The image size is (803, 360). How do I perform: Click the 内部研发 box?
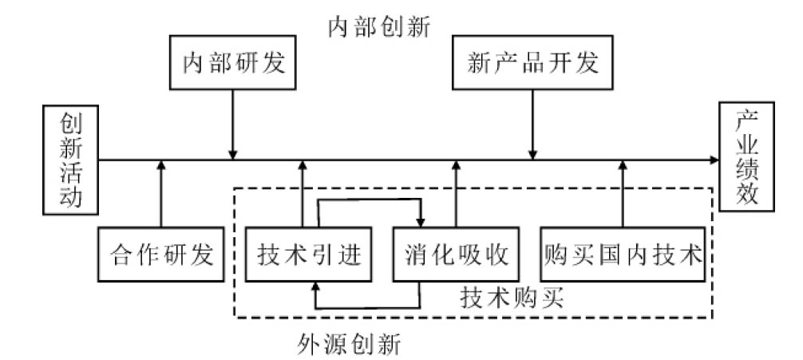(233, 63)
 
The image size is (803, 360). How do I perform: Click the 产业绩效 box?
(747, 157)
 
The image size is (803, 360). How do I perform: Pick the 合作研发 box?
(160, 255)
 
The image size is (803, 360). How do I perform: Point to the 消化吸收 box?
(457, 255)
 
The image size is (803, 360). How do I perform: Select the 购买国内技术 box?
(623, 255)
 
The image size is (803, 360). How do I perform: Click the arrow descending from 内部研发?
(233, 124)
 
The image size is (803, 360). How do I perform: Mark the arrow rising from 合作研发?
(160, 196)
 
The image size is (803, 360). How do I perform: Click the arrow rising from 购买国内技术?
(623, 196)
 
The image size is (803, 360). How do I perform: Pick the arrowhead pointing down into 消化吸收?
(420, 223)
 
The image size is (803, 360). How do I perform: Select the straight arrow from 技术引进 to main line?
(303, 196)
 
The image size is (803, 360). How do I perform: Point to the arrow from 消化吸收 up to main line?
(457, 196)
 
